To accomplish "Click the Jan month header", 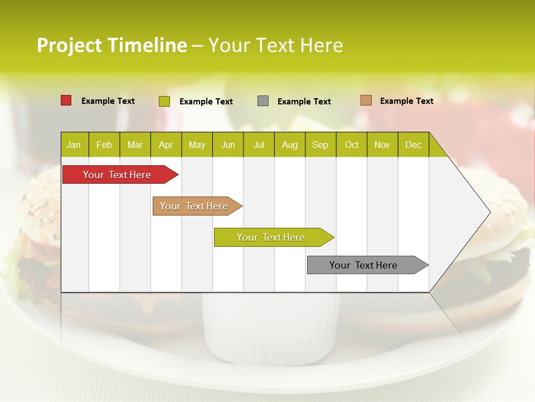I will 74,145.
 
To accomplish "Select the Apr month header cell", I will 166,145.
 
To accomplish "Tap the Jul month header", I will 259,145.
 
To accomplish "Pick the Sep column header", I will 320,145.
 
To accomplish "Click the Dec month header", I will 413,145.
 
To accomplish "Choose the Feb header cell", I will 104,145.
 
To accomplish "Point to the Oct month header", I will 352,145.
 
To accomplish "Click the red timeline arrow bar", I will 117,175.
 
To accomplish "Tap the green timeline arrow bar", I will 271,237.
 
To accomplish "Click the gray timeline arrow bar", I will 364,265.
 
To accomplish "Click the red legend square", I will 66,100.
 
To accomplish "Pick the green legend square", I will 164,101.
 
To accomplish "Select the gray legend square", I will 263,101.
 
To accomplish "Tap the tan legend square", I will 366,100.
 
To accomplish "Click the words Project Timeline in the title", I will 111,45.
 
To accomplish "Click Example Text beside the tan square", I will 406,101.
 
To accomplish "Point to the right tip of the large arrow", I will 489,212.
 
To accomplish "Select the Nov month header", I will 382,145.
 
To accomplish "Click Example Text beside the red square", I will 108,101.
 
